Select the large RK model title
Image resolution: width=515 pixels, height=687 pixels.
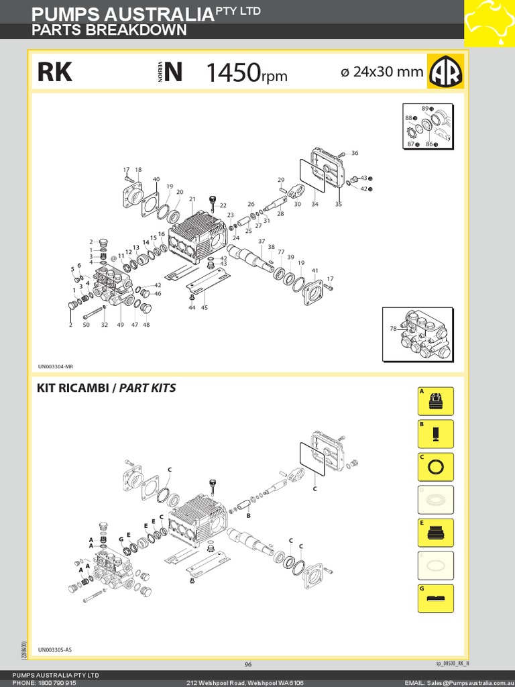pyautogui.click(x=55, y=72)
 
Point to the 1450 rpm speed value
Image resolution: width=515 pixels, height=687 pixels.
pyautogui.click(x=246, y=73)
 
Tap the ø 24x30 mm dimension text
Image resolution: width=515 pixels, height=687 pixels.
pyautogui.click(x=382, y=72)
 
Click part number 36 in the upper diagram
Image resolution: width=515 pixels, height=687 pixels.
pyautogui.click(x=355, y=153)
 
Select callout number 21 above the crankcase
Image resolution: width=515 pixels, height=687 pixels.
pyautogui.click(x=192, y=199)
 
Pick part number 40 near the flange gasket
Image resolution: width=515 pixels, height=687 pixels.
pyautogui.click(x=156, y=179)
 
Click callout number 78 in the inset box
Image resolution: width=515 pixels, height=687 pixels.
pyautogui.click(x=392, y=328)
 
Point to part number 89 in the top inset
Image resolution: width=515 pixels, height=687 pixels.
pyautogui.click(x=425, y=108)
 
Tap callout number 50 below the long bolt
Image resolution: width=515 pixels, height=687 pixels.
pyautogui.click(x=86, y=325)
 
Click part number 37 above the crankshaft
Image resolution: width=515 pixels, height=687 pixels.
pyautogui.click(x=262, y=241)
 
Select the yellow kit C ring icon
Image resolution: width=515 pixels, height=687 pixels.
pyautogui.click(x=435, y=467)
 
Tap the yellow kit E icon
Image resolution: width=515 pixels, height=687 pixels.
pyautogui.click(x=435, y=533)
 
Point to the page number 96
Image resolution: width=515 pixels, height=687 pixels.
pyautogui.click(x=248, y=664)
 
